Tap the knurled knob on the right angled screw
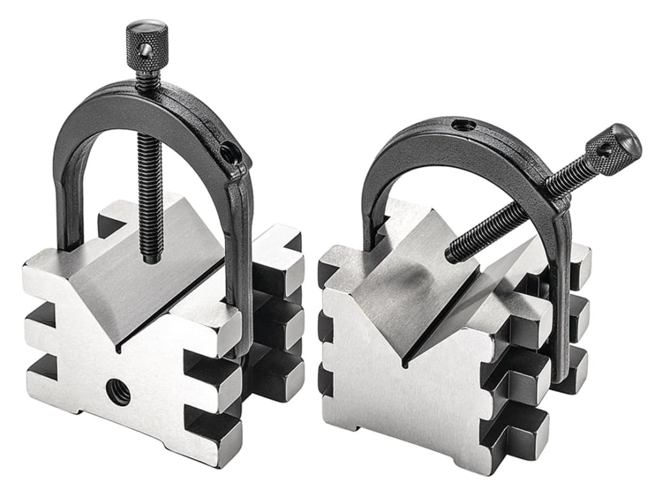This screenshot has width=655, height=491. click(615, 147)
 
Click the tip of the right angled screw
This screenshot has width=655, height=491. click(452, 254)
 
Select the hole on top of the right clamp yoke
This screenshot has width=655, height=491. click(463, 125)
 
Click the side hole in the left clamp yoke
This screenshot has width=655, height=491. click(227, 152)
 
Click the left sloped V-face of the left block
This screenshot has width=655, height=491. click(96, 281)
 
